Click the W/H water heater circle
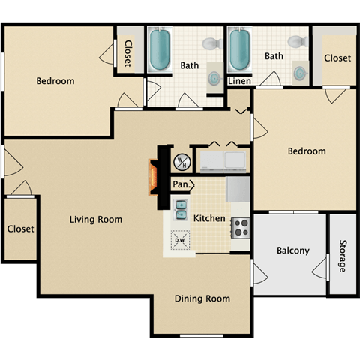[181, 161]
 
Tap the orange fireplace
[153, 178]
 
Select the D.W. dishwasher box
[179, 240]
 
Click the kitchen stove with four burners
[240, 226]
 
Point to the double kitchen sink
[181, 209]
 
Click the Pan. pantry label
[181, 184]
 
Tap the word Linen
[239, 80]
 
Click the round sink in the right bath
[300, 73]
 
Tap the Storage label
[342, 256]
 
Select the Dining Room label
[202, 298]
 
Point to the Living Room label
[95, 220]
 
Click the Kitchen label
[210, 218]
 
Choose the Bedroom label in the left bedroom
[55, 81]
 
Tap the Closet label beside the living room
[20, 229]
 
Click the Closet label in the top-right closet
[337, 58]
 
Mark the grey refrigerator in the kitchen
[238, 187]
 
